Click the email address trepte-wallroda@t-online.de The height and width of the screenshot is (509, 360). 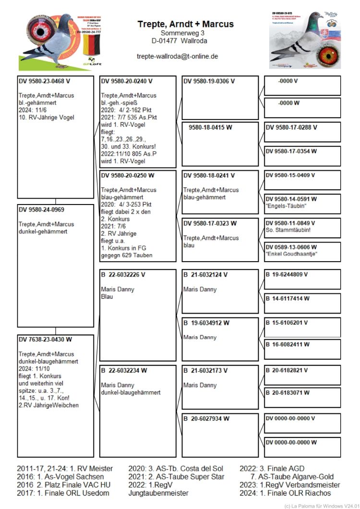178,56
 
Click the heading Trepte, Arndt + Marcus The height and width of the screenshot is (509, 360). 185,24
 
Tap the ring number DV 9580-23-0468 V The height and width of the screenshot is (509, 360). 44,81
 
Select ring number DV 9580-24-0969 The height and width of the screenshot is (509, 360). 41,210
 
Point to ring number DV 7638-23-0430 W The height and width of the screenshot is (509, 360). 45,339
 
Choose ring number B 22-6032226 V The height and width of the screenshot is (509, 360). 123,275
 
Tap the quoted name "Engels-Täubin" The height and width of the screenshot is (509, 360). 286,206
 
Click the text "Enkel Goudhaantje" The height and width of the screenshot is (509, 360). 291,254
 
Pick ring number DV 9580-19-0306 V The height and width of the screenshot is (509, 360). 209,81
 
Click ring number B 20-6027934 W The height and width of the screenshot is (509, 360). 207,419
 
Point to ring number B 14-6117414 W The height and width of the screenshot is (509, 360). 288,299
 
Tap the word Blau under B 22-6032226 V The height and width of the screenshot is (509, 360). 107,297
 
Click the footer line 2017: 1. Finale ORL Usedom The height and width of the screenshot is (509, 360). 63,493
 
